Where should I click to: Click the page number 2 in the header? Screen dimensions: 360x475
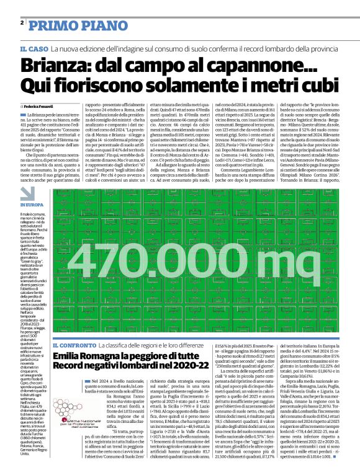22,22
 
